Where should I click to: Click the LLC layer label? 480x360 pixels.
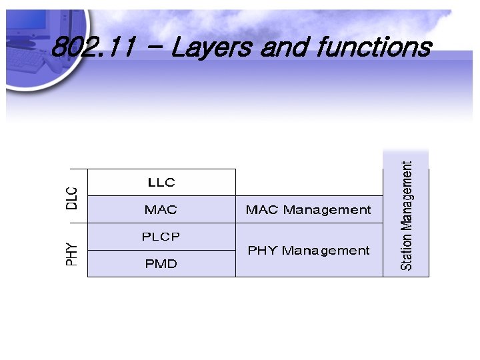point(161,182)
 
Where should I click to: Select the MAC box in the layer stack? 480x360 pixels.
point(161,209)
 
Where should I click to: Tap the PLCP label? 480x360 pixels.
point(161,236)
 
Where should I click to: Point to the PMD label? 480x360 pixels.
point(161,264)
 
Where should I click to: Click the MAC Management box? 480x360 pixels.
point(309,209)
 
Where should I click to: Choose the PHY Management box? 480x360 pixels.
point(309,251)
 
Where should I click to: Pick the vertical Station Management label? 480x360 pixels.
point(406,215)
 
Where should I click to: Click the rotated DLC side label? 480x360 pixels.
point(72,198)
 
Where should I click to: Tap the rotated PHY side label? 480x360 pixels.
point(72,254)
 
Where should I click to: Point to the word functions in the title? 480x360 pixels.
point(373,48)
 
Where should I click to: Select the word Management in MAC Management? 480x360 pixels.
point(327,209)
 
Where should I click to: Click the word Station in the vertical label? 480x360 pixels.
point(406,250)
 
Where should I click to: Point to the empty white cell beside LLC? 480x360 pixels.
point(309,182)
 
